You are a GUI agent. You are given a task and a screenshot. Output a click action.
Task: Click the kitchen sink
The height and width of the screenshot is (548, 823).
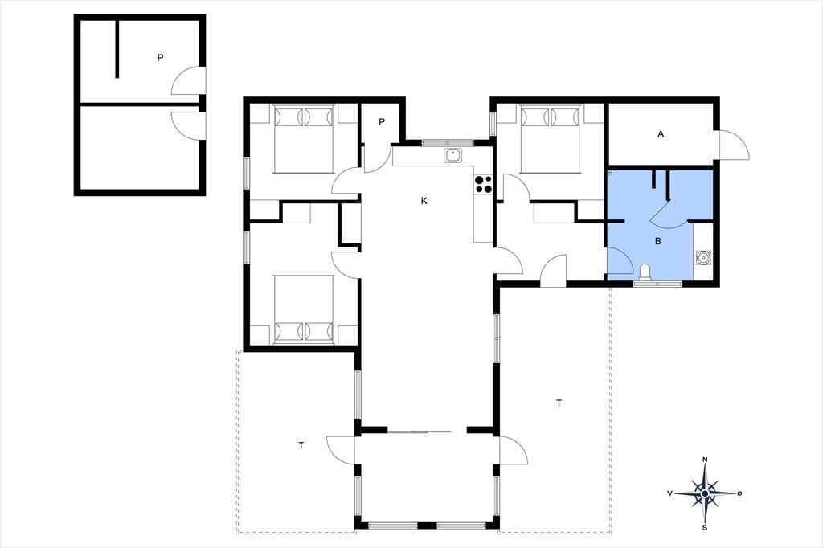[452, 155]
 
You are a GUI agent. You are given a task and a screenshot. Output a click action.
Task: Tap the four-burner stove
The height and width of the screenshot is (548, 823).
[483, 184]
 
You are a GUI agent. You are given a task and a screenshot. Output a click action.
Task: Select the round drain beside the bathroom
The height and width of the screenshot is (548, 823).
[702, 258]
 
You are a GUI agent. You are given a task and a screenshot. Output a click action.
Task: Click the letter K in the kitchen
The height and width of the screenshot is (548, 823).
[424, 201]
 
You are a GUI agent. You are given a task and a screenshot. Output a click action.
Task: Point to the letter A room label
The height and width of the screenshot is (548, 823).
[661, 134]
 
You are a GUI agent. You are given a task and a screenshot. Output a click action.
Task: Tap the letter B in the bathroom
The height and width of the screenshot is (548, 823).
[657, 241]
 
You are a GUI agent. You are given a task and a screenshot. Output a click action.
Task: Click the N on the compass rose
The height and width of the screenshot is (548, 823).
[705, 460]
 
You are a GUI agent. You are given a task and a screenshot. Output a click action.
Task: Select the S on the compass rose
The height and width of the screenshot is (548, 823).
[705, 528]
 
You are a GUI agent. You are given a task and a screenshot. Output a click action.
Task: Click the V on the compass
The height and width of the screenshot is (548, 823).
[669, 493]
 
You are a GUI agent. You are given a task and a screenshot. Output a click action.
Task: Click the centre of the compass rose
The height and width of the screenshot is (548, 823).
[705, 493]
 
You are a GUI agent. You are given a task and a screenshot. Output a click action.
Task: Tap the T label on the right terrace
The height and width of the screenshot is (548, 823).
[559, 403]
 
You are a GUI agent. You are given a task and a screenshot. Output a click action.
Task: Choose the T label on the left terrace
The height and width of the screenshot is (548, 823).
[301, 446]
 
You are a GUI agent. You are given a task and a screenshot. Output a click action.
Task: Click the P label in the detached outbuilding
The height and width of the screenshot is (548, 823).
[160, 58]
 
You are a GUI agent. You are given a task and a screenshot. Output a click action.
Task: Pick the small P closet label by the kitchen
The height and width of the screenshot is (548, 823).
[382, 122]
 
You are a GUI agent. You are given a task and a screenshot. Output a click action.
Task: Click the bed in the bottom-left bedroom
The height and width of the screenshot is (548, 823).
[305, 309]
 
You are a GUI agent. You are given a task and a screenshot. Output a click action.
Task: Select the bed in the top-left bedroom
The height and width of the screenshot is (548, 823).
[305, 139]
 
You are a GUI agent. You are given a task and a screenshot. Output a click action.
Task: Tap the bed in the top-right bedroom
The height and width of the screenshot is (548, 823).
[550, 138]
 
